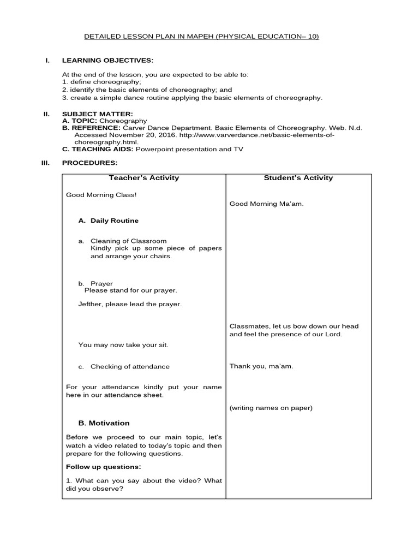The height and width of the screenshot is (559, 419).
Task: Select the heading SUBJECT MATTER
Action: tap(98, 113)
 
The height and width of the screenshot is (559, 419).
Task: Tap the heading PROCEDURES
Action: tap(89, 163)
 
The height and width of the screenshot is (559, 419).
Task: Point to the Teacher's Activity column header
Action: tap(143, 178)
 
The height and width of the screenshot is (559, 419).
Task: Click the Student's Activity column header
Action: tap(298, 178)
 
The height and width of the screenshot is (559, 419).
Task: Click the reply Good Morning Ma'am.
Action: tap(266, 204)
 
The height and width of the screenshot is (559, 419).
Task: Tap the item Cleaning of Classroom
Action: tap(128, 241)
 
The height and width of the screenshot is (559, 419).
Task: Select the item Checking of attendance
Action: tap(130, 367)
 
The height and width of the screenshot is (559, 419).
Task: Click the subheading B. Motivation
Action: tap(104, 423)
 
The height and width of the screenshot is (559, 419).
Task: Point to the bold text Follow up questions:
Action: tap(103, 467)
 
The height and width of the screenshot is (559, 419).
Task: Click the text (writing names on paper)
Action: tap(271, 408)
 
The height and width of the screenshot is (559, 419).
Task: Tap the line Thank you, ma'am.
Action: tap(261, 366)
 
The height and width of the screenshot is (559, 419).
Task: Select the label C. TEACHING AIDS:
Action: tap(98, 148)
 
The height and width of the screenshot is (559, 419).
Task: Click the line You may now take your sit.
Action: tap(123, 345)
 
